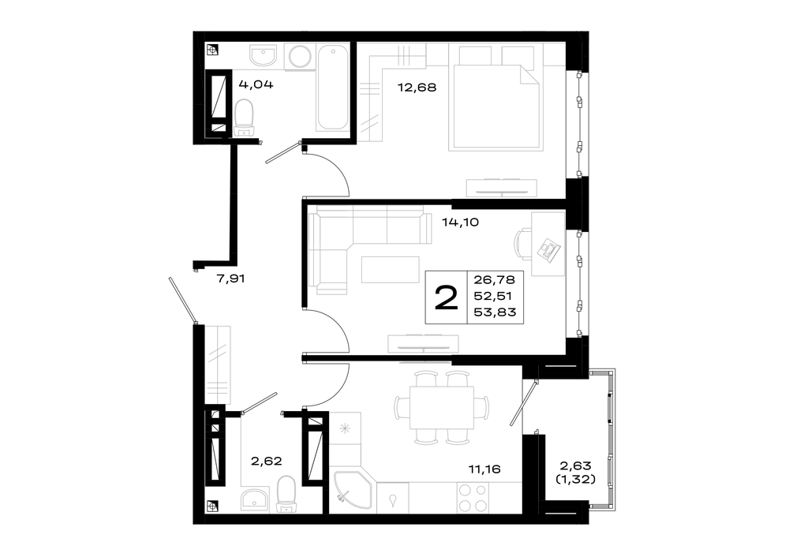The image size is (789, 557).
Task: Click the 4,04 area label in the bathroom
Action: point(256,84)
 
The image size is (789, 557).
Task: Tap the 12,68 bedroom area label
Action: point(417,88)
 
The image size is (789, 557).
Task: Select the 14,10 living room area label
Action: point(460,222)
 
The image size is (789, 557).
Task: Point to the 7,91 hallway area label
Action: point(230,278)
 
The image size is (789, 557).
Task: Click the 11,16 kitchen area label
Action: point(484,469)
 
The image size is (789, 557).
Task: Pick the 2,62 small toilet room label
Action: point(266,461)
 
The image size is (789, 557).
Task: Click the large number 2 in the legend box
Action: point(447,298)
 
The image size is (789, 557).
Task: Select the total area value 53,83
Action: point(495,312)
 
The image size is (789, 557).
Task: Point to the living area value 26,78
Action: point(495,280)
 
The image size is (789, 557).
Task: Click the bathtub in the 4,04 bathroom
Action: point(332,88)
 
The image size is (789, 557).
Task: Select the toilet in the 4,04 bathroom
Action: point(244,118)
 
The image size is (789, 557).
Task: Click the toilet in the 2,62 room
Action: point(286,495)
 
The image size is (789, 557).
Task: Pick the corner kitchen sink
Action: point(352,491)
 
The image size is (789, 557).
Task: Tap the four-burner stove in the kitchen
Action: point(473,498)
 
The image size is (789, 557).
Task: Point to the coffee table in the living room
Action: point(390,269)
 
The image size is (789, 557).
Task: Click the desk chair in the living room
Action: point(523,244)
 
